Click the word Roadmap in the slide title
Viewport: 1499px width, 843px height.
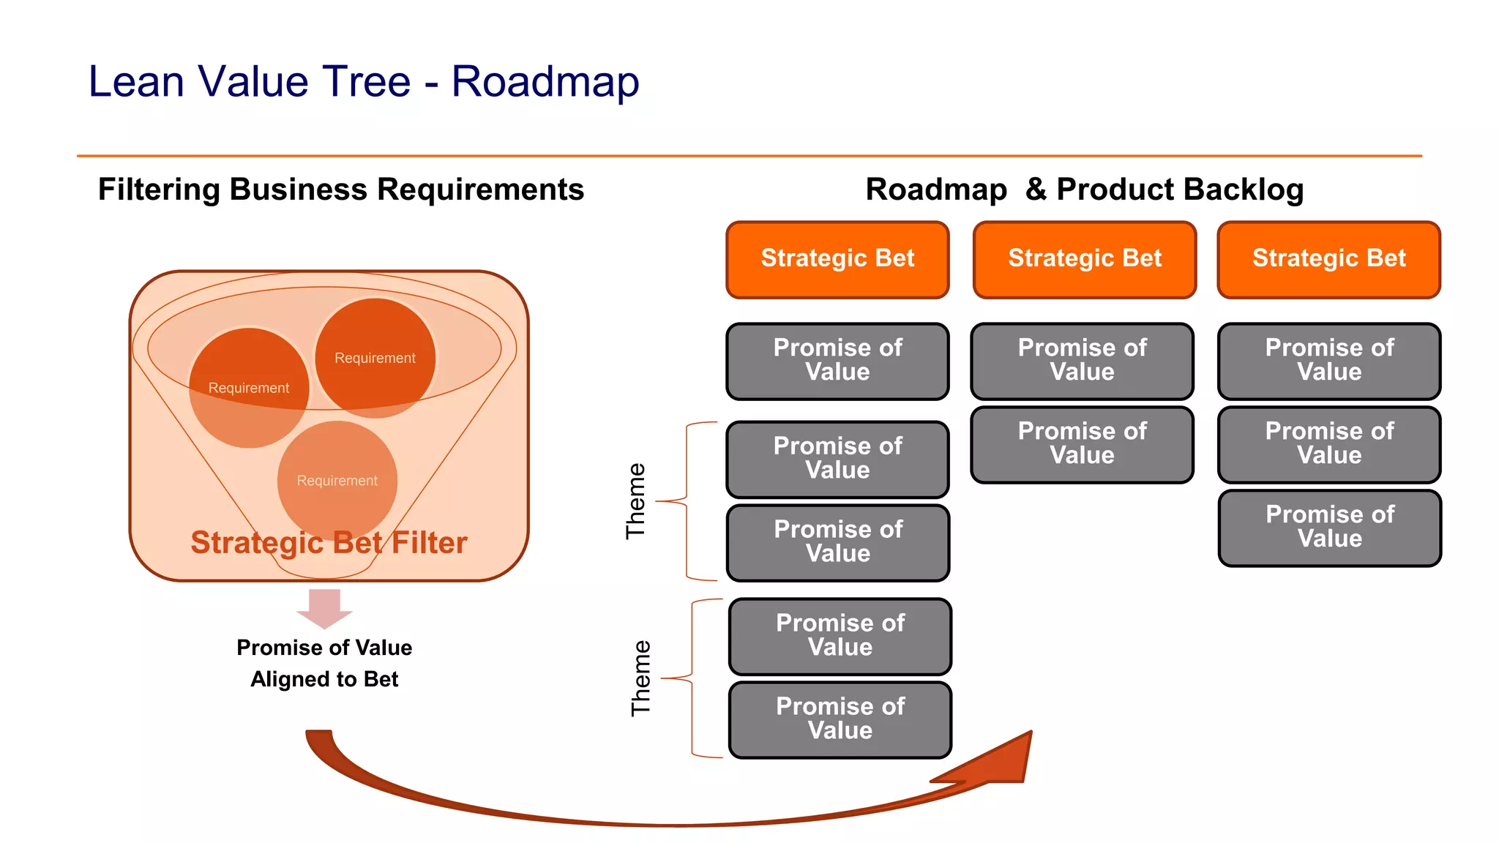545,82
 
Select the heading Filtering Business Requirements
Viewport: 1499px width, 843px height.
341,190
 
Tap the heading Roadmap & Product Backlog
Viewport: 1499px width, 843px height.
1084,190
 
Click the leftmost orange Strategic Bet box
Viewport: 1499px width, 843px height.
837,259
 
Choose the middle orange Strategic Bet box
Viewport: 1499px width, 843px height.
1084,259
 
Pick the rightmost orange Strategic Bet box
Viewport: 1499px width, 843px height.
1328,259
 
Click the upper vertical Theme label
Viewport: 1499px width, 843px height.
635,501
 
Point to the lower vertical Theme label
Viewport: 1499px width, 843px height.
640,678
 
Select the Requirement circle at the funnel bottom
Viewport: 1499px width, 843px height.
337,481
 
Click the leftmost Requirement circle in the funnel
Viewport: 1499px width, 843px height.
249,388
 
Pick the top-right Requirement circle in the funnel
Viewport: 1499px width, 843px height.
375,358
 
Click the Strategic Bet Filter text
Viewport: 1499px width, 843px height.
329,543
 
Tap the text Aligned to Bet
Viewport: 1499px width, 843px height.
324,679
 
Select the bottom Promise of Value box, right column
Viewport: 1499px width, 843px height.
1329,528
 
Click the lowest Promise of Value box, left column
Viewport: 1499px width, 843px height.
840,719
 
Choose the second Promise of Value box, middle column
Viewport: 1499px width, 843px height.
1082,444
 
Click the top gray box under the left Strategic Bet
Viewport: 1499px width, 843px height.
837,361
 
